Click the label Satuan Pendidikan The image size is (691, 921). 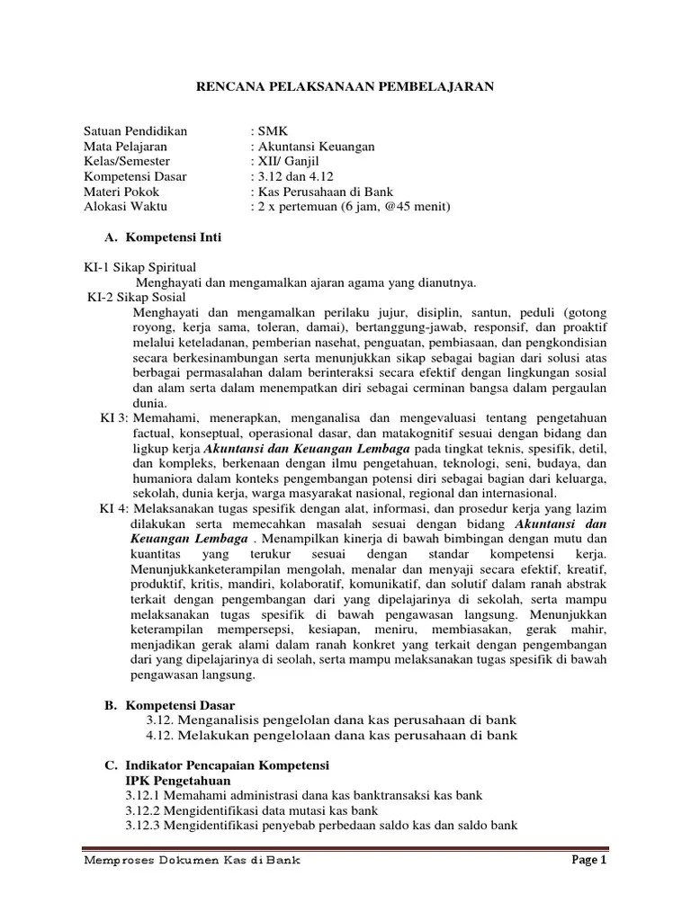135,131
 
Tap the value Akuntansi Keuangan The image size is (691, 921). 312,147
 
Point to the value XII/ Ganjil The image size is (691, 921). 287,162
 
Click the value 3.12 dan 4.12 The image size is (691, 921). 293,177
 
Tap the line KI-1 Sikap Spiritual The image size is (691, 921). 139,268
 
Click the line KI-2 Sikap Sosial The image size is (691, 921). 137,297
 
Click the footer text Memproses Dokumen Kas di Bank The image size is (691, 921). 191,860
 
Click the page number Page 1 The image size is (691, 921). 590,860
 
